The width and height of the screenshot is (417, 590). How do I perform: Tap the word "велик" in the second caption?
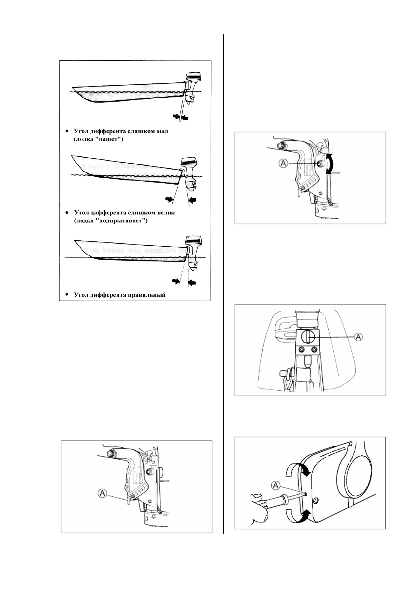point(165,213)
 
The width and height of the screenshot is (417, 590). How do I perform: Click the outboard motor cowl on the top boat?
point(193,77)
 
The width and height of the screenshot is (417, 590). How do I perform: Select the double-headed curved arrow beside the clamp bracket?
point(328,163)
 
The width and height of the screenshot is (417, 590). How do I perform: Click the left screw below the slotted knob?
point(301,349)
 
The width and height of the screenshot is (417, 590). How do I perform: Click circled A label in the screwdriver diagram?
point(276,485)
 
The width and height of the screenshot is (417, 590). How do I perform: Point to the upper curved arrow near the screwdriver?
point(298,468)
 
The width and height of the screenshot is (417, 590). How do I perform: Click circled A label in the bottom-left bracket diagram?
point(102,493)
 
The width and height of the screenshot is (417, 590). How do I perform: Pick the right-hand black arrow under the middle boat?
point(193,200)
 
